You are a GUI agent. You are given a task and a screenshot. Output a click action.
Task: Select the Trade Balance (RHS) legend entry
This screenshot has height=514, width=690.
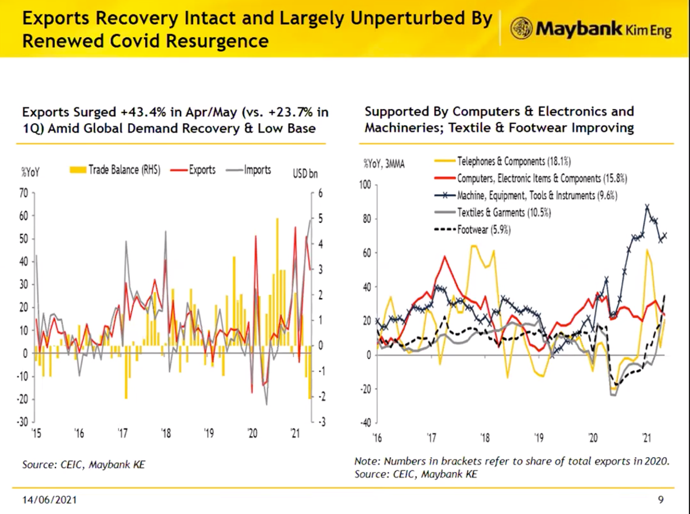(x=121, y=170)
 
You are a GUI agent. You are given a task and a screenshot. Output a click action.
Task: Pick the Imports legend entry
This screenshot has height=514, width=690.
(x=254, y=170)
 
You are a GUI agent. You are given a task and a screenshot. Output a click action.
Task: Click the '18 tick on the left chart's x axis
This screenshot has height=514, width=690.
(x=166, y=433)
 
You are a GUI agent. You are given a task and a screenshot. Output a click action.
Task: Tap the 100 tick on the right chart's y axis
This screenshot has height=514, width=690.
(x=366, y=185)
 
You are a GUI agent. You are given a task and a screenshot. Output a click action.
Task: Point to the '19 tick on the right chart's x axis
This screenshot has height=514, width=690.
(x=539, y=439)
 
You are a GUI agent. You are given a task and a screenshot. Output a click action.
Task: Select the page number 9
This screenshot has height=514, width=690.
(x=661, y=498)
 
